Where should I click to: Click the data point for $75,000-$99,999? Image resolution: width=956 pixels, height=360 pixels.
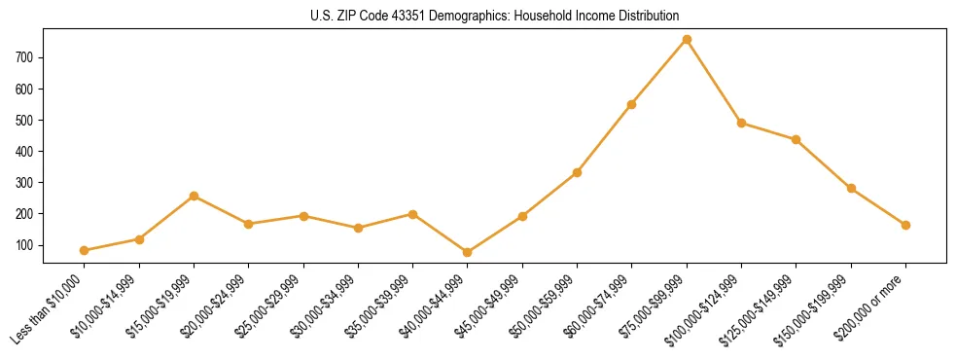687,39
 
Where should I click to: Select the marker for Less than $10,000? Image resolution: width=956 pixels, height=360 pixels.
85,250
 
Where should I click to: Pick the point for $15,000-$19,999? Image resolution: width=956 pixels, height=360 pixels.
195,196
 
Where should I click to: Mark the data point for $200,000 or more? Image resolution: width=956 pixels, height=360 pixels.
905,225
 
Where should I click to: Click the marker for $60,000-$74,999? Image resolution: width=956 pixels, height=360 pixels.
632,104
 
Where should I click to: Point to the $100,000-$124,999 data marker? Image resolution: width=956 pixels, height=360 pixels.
741,123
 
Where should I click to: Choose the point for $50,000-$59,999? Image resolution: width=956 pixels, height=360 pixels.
577,172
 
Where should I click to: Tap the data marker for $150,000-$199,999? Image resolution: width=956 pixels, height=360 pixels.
851,188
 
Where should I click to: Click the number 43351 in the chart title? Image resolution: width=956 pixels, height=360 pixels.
415,16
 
